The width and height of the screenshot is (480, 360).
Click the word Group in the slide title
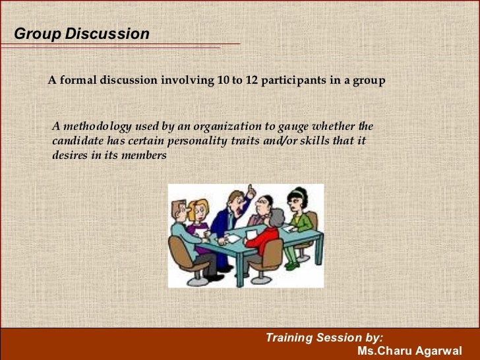coord(38,34)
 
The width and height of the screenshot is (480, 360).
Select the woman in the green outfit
coord(301,214)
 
